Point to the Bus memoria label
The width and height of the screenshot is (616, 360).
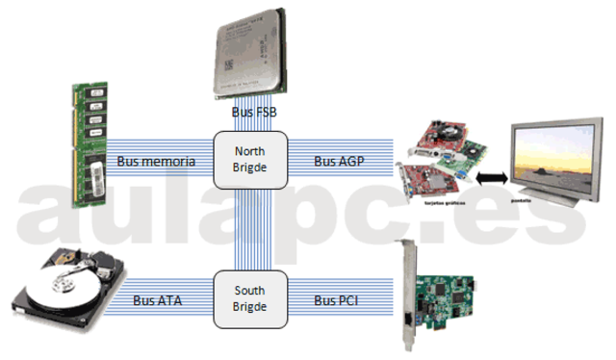[156, 161]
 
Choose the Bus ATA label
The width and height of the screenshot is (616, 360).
[159, 301]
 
